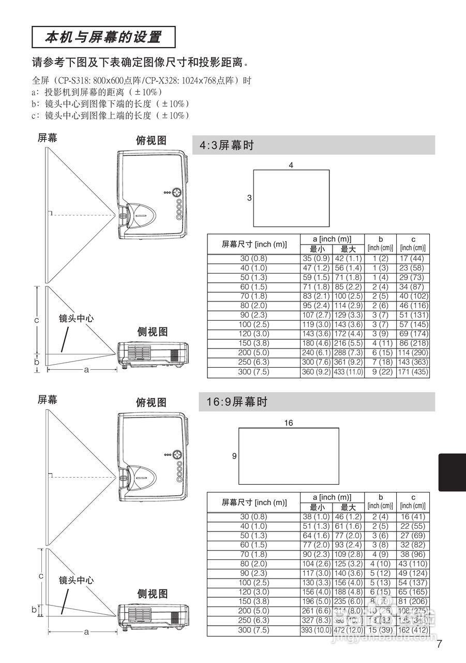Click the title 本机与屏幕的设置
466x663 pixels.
click(x=103, y=37)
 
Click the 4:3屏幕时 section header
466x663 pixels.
click(x=227, y=146)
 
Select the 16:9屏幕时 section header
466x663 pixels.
click(x=233, y=402)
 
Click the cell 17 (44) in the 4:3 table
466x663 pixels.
click(x=412, y=258)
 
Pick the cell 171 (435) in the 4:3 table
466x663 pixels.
click(x=412, y=372)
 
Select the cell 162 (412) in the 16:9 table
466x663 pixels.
click(x=412, y=630)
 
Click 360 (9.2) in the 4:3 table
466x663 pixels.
click(x=316, y=372)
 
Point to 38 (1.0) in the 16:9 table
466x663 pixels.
click(x=316, y=516)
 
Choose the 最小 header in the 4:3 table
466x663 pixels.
click(x=317, y=249)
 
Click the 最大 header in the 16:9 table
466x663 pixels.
click(x=348, y=507)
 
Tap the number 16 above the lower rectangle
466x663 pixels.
click(x=288, y=423)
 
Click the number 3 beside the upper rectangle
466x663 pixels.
click(x=249, y=198)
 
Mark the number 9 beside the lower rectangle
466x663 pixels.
click(x=234, y=456)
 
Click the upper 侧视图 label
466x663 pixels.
click(x=152, y=332)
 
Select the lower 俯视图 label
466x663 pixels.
click(x=151, y=402)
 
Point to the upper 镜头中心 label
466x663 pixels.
click(x=76, y=319)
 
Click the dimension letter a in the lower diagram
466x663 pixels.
click(x=86, y=631)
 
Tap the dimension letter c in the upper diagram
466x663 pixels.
click(x=36, y=320)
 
